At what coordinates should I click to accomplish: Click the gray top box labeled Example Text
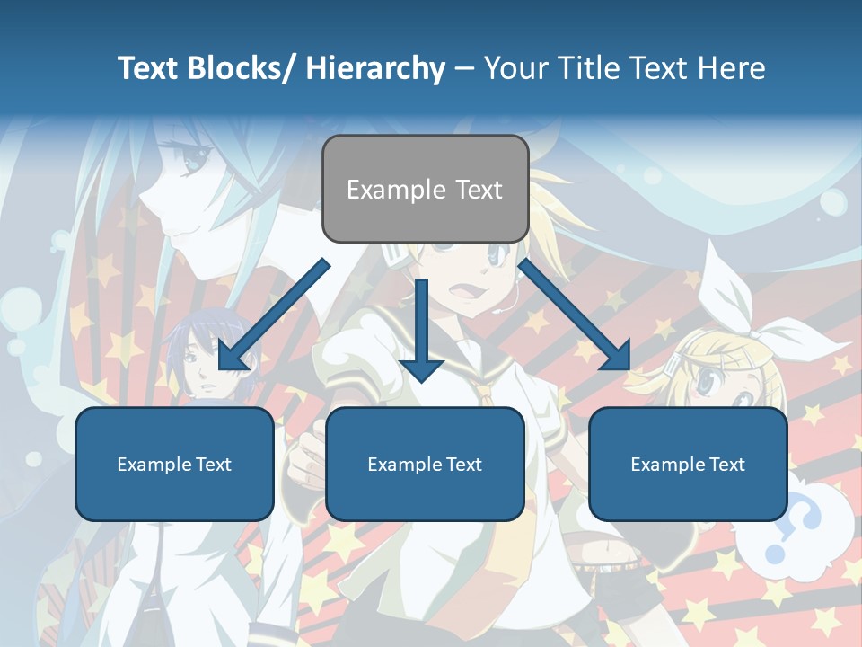(425, 189)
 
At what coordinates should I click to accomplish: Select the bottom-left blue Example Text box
(174, 464)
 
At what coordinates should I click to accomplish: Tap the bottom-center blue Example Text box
(425, 464)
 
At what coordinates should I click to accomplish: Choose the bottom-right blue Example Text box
(688, 464)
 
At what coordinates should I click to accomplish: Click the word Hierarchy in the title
(375, 68)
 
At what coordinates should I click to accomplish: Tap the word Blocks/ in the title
(242, 68)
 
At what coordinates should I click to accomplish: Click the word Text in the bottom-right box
(726, 465)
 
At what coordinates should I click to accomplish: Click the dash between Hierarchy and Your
(464, 68)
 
